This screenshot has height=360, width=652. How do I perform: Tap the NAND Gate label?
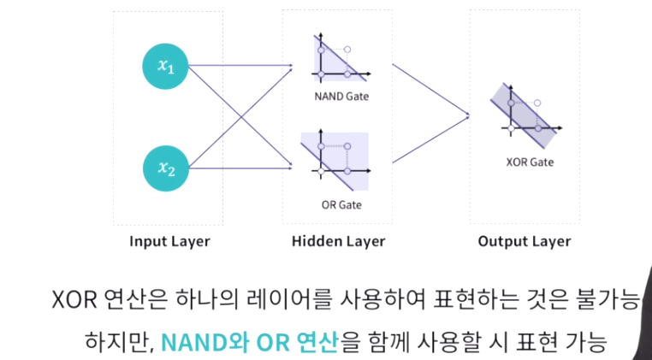click(x=341, y=96)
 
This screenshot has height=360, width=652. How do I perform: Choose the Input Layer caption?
click(x=169, y=241)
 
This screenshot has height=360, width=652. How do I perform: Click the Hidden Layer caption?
click(x=338, y=241)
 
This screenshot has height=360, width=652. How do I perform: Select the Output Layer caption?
click(x=525, y=241)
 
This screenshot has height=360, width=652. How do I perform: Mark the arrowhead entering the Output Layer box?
click(x=467, y=115)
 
